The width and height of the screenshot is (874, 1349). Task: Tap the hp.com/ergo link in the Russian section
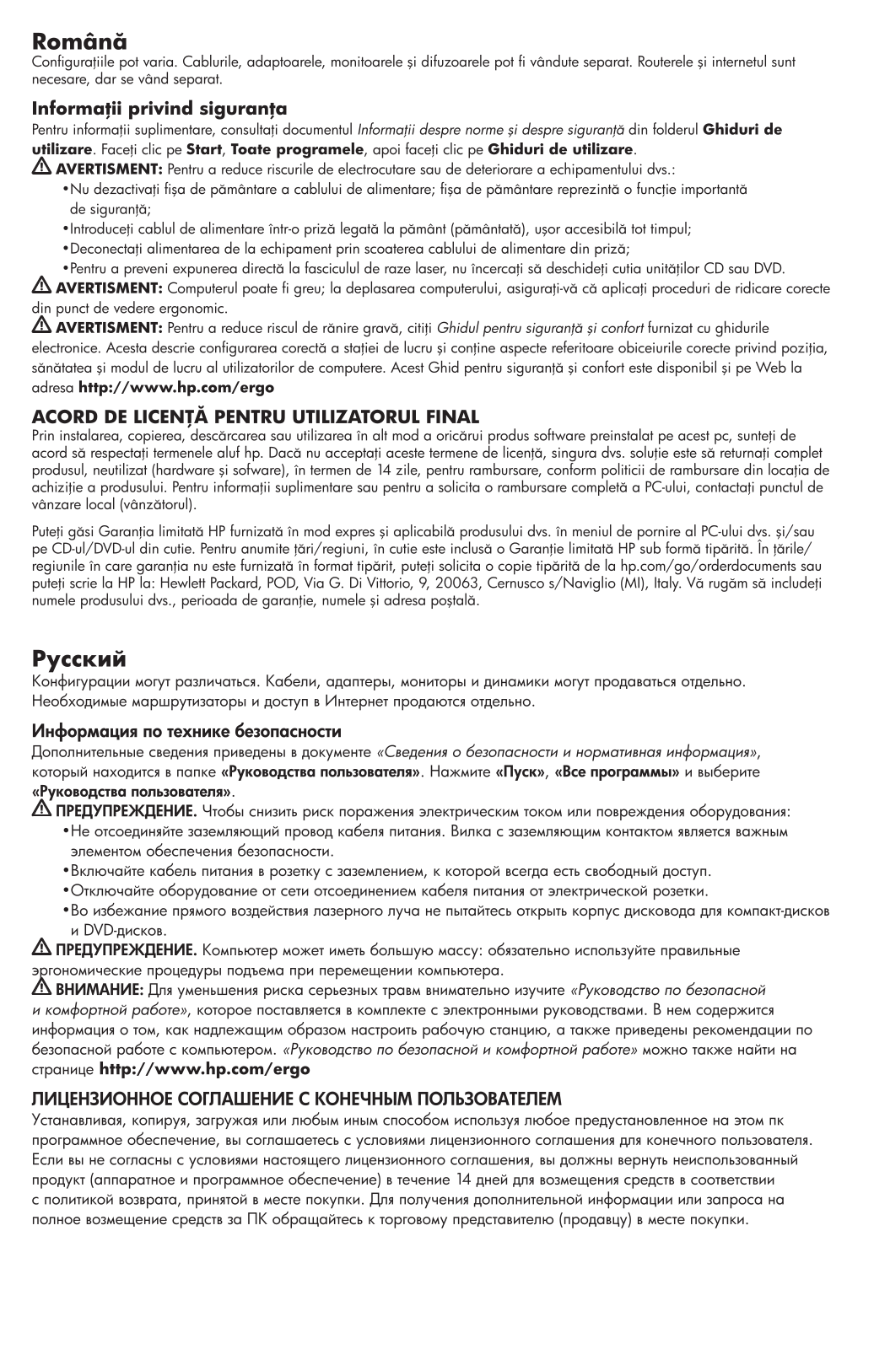pos(204,1069)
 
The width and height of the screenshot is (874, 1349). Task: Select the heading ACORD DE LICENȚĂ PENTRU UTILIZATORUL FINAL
pos(255,417)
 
